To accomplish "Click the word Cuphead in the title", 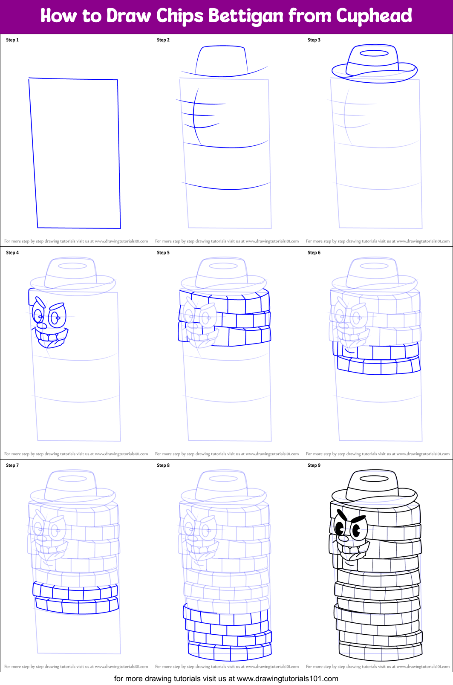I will (x=374, y=16).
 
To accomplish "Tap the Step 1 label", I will (x=12, y=40).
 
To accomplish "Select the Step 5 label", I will (x=163, y=253).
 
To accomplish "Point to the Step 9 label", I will (x=314, y=465).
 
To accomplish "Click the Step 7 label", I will (x=12, y=465).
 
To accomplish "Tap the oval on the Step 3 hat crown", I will (x=374, y=53).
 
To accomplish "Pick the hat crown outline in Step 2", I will (x=221, y=60).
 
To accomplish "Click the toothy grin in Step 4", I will (x=51, y=337).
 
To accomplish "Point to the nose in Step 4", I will (x=43, y=326).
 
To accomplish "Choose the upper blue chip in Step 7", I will (x=75, y=592).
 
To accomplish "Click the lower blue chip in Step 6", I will (x=378, y=366).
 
